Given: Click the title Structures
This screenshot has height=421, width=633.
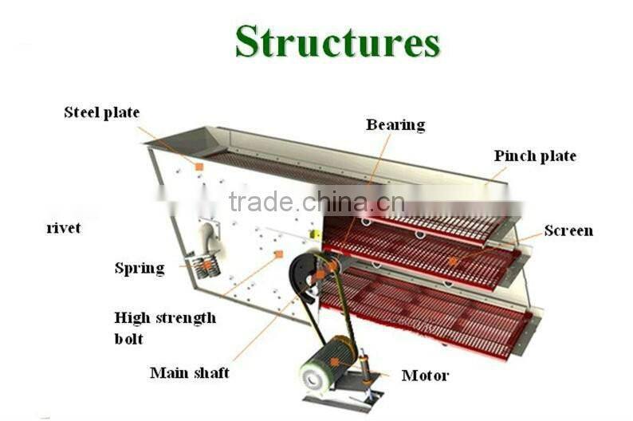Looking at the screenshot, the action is point(337,41).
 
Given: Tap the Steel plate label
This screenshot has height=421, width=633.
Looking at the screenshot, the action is point(101,113).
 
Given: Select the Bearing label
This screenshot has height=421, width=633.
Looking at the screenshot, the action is point(395,125).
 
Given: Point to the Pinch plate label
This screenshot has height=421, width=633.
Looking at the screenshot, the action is point(534,156).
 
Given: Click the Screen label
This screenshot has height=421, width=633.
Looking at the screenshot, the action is point(568,231).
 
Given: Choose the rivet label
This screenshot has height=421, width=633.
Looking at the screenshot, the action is point(63,229).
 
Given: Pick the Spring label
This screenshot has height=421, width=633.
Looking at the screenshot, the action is point(140,269).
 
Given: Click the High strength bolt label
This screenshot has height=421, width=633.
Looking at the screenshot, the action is point(164,328).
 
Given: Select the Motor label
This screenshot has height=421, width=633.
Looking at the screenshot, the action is point(425,376).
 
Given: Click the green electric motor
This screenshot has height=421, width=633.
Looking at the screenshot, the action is point(328,363).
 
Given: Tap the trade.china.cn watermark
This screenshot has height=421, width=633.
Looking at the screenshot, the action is point(316,202).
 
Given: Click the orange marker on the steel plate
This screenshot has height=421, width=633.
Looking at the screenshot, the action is point(199,167).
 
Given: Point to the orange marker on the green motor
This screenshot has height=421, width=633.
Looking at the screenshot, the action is point(336,362).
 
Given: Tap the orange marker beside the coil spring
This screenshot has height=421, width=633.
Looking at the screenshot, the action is point(206,264).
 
